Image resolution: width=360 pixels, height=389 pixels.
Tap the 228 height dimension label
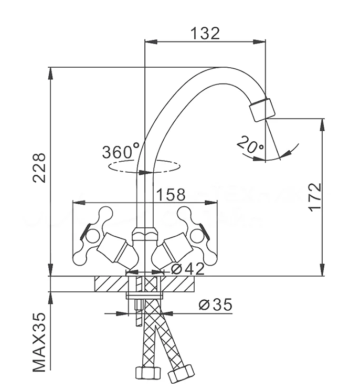tap(39, 167)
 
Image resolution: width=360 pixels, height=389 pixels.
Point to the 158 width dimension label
tap(171, 194)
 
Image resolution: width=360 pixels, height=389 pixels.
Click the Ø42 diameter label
tap(188, 268)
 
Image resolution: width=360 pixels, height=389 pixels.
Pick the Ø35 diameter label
tap(216, 304)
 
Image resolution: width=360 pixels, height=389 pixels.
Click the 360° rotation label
tap(120, 153)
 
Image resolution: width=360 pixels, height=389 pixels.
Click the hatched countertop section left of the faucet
tap(110, 285)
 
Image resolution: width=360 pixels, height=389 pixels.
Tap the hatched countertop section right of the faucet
tap(179, 285)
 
